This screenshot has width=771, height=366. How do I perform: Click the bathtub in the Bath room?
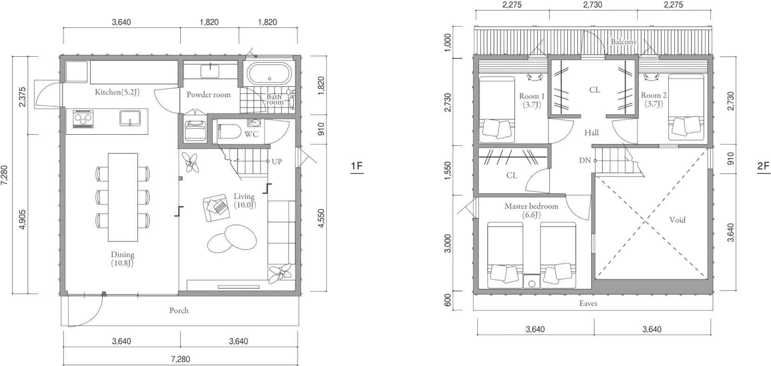point(269,74)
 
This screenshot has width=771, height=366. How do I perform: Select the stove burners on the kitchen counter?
point(83,119)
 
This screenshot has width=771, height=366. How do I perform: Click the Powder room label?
point(209,95)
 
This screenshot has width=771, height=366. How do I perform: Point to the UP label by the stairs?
point(277,161)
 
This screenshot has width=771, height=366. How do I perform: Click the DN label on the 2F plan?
point(585,160)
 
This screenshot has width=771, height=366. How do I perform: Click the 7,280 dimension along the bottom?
point(181,359)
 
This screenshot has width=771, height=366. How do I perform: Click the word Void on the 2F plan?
point(678,220)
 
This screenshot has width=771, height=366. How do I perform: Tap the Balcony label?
point(624,42)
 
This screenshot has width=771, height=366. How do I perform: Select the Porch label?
point(179,311)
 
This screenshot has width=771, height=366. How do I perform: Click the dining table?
point(123,197)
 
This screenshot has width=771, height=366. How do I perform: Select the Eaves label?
point(588,303)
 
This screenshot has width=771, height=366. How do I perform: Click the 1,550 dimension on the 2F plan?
point(448,170)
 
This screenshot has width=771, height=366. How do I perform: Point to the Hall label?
point(591,132)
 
